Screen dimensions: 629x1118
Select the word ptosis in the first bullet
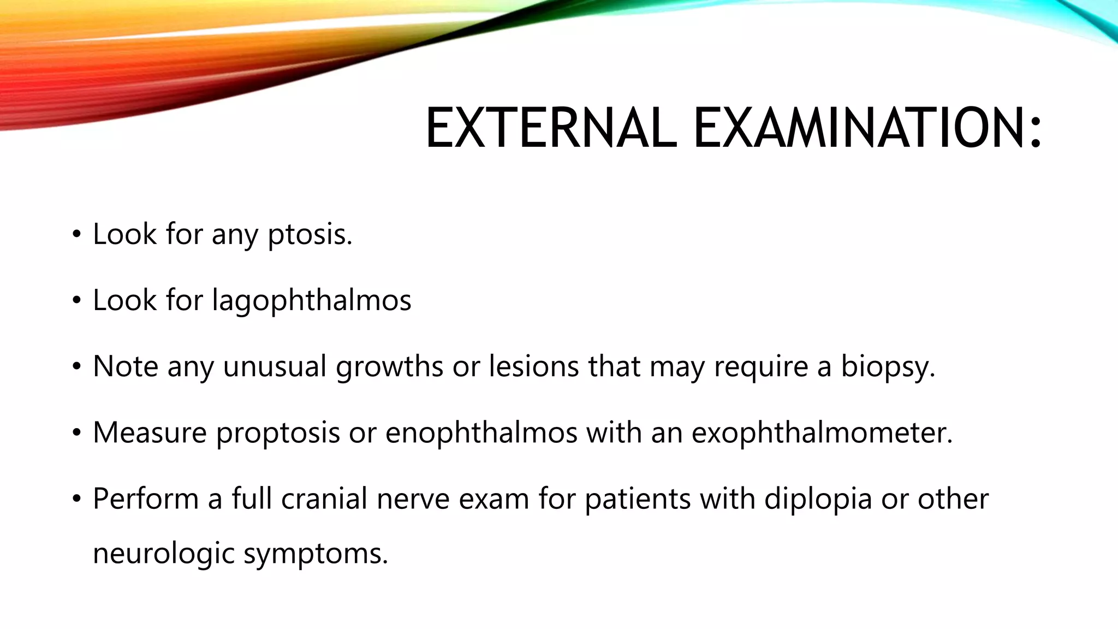(310, 235)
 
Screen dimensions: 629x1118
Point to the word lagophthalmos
(312, 301)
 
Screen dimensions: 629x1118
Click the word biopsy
(888, 367)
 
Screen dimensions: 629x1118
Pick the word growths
(389, 367)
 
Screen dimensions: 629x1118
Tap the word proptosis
(278, 433)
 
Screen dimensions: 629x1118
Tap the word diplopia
(818, 500)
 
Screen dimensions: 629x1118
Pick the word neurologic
(163, 554)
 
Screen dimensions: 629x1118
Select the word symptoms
(315, 554)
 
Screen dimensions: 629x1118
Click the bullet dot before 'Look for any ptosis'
(76, 235)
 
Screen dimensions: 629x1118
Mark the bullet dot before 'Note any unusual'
(76, 366)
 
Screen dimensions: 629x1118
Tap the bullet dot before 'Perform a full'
(76, 499)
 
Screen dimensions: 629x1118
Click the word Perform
(146, 499)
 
